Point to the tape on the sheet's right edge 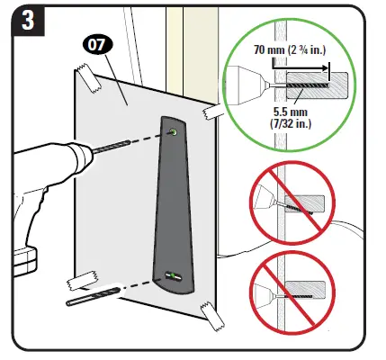[x=216, y=113]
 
